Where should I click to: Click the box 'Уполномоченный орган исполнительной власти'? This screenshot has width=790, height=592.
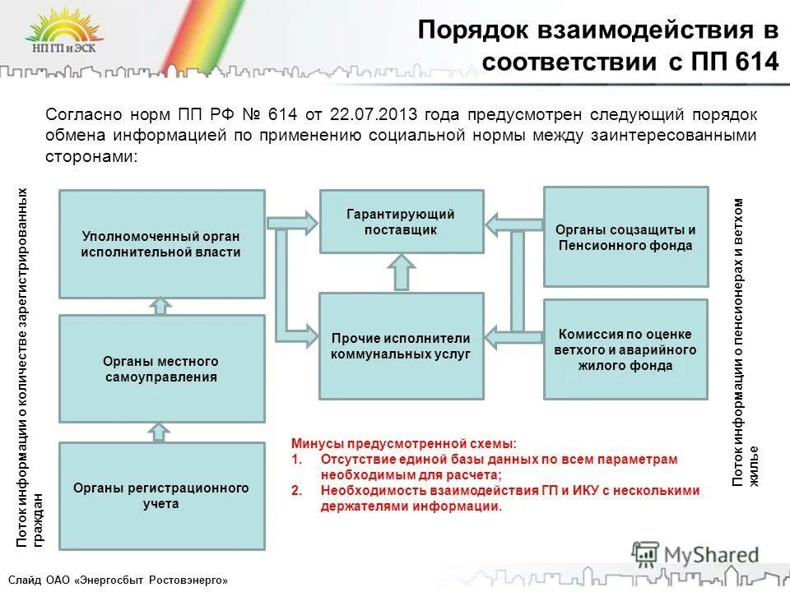[x=161, y=244]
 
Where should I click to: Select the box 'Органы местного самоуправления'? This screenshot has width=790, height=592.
[x=161, y=368]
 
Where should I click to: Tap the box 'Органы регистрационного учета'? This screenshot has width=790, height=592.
[x=161, y=496]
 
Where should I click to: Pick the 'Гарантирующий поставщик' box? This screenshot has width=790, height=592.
[x=401, y=221]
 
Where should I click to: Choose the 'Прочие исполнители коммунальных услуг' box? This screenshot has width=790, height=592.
[x=401, y=345]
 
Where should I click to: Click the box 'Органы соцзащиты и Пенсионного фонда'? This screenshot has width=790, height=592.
[x=625, y=237]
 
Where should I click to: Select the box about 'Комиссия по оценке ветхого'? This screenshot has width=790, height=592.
[x=625, y=349]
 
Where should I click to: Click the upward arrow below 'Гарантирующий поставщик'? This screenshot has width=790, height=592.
[x=402, y=272]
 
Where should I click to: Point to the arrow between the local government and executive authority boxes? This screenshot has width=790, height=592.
[x=161, y=306]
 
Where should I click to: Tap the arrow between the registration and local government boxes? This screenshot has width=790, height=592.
[x=161, y=432]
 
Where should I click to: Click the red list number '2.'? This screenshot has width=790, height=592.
[x=297, y=490]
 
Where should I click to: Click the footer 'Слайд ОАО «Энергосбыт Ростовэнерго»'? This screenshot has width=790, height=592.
[x=120, y=580]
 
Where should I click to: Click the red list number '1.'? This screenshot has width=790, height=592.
[x=297, y=459]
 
